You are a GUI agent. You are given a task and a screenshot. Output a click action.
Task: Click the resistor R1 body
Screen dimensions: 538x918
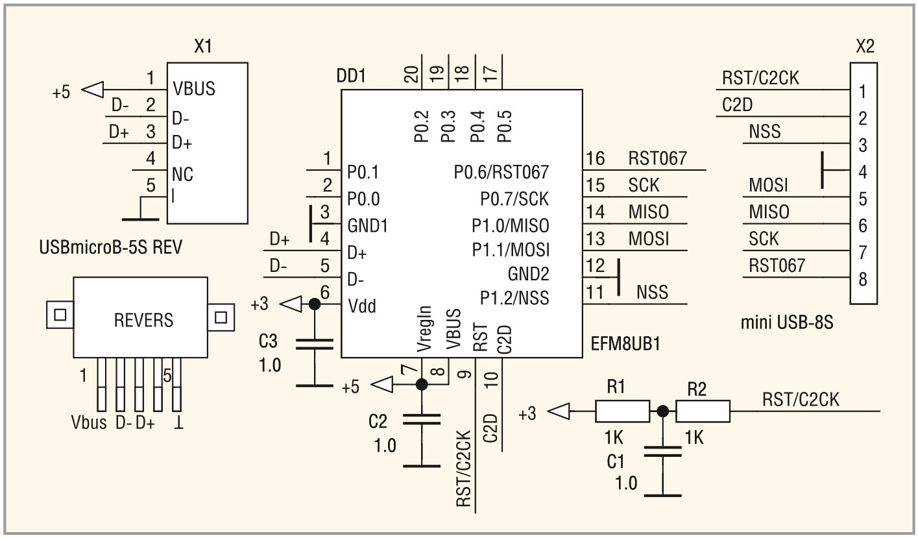622,411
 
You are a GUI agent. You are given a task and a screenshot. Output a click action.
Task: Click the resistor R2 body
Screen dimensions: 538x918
703,411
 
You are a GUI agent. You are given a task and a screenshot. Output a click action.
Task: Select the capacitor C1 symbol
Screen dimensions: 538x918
662,450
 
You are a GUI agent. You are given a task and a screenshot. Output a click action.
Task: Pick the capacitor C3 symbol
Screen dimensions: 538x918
314,344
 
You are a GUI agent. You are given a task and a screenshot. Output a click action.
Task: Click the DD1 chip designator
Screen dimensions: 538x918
351,76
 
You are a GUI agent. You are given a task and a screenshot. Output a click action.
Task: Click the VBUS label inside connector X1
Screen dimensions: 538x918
194,88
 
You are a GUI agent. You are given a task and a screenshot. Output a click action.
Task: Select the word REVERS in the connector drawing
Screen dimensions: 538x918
143,319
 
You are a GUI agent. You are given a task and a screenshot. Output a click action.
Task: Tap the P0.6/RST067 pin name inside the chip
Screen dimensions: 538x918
501,172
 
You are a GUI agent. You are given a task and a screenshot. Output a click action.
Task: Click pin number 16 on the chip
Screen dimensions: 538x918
596,159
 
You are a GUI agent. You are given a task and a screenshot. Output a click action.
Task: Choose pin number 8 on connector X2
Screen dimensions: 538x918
862,280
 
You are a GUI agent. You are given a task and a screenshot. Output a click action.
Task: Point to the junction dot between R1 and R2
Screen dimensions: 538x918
662,411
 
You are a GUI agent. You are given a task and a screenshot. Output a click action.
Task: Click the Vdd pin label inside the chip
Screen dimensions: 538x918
361,305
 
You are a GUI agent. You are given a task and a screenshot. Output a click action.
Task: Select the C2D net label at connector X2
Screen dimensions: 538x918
737,104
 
